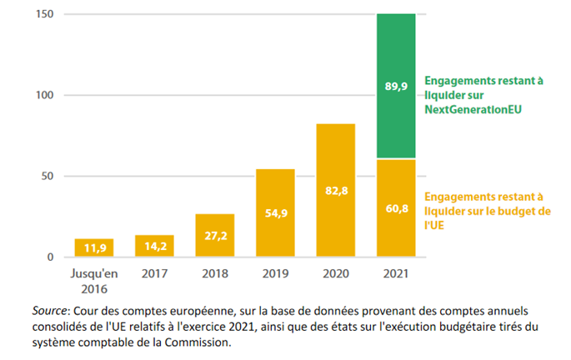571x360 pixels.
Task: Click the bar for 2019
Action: (x=275, y=212)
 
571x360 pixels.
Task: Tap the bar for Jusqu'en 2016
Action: (x=93, y=247)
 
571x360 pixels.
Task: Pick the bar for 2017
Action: (x=154, y=246)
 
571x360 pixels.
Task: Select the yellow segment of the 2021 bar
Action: (x=396, y=207)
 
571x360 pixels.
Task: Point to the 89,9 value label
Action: (x=396, y=86)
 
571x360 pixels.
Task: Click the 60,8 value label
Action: (x=396, y=208)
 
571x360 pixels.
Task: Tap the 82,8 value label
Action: (x=336, y=192)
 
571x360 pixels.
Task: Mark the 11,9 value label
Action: (x=93, y=247)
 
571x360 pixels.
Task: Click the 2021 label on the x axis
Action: (x=396, y=272)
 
